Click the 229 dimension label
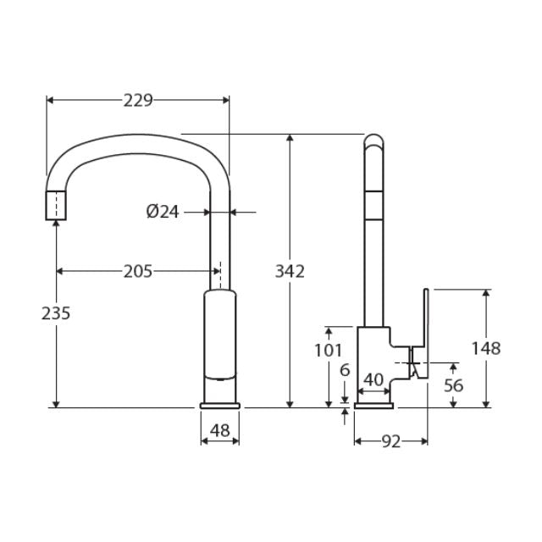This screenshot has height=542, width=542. click(138, 100)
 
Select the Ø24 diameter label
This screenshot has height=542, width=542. click(163, 212)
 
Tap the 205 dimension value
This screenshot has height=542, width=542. click(138, 271)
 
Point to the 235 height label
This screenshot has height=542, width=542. click(56, 312)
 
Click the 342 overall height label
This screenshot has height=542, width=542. click(290, 271)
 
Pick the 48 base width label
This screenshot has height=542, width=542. click(219, 430)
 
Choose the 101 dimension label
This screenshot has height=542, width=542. click(328, 350)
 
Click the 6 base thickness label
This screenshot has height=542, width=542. click(344, 370)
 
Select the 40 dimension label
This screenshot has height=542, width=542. click(373, 379)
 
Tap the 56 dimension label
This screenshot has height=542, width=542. click(454, 384)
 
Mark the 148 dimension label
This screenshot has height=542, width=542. click(486, 348)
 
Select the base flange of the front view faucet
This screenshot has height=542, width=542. click(219, 406)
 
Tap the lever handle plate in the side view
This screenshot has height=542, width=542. click(426, 330)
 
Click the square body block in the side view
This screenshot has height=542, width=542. click(373, 356)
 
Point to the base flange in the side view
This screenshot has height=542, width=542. click(373, 406)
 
